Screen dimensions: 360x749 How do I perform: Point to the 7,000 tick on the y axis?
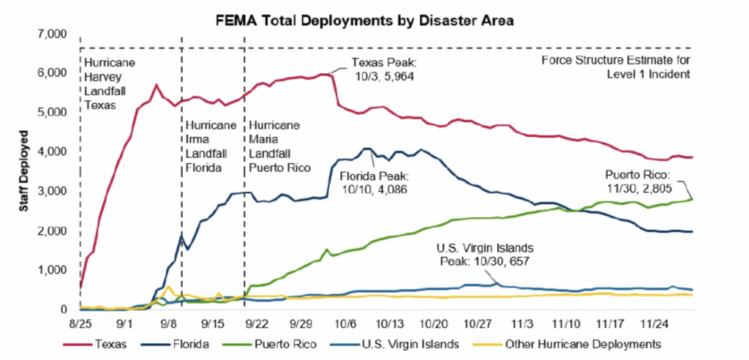52,34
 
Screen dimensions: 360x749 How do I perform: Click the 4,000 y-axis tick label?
52,152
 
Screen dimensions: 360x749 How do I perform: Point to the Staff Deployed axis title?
25,172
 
